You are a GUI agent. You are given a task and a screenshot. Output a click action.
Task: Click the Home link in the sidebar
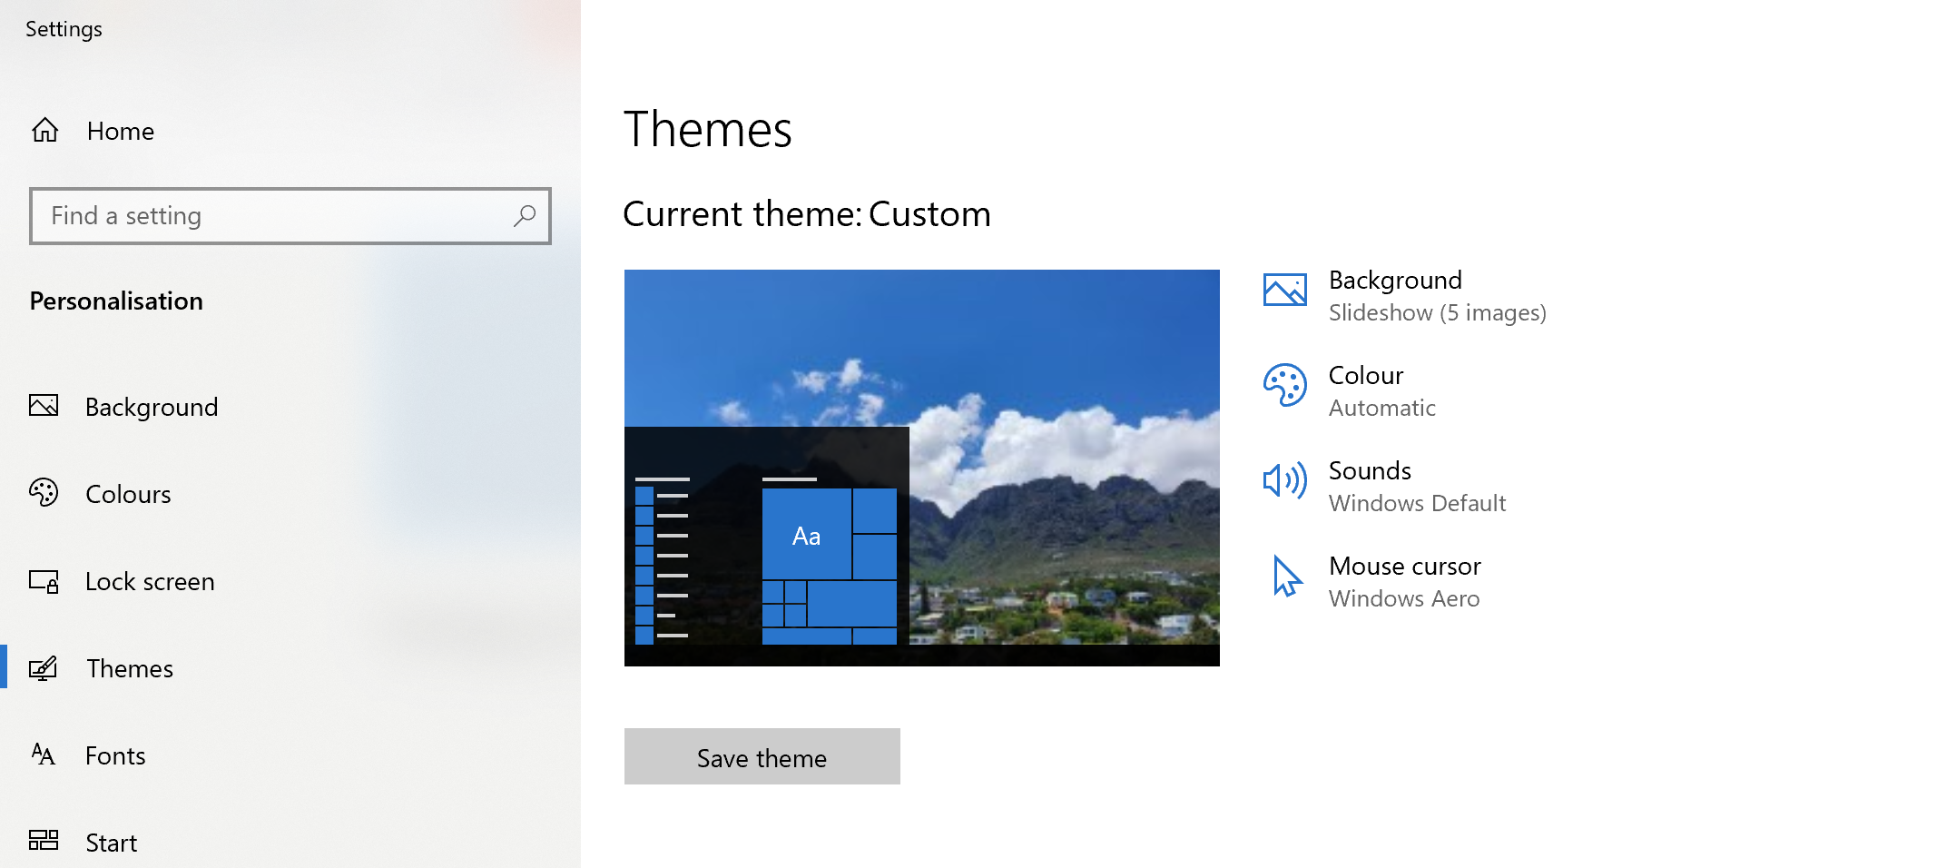click(120, 132)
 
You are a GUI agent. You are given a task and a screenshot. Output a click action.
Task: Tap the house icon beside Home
click(44, 131)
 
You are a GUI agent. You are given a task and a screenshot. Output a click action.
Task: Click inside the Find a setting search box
click(272, 216)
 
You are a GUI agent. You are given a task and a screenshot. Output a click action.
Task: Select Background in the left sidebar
click(151, 407)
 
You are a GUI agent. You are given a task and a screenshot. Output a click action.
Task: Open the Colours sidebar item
click(128, 494)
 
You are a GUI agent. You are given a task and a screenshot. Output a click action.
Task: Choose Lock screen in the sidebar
click(150, 581)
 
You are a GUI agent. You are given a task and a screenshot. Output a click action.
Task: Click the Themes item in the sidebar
click(130, 668)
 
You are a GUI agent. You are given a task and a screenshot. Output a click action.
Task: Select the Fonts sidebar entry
click(115, 755)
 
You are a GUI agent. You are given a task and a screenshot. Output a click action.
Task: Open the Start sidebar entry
click(111, 843)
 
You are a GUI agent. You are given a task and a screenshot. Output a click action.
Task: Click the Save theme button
click(762, 756)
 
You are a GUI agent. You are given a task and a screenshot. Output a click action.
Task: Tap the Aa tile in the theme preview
click(806, 536)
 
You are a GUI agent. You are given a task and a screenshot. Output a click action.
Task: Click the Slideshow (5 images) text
click(1437, 312)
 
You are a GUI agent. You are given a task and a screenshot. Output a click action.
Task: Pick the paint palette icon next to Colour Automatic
click(1284, 386)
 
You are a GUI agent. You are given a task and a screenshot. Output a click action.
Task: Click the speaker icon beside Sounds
click(1284, 480)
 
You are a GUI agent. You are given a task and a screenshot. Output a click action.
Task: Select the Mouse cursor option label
click(1404, 566)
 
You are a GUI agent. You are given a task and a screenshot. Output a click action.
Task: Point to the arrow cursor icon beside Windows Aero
click(1285, 577)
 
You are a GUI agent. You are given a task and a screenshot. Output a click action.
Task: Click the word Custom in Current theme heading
click(929, 214)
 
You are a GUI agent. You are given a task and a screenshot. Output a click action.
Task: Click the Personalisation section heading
click(116, 301)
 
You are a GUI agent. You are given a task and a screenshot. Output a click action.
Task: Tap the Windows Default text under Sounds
click(1417, 503)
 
